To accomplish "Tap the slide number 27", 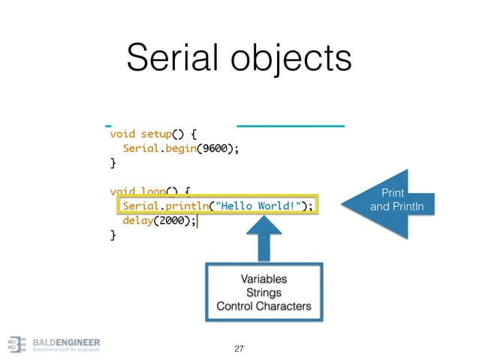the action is point(239,349).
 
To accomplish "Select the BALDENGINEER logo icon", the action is point(17,343).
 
